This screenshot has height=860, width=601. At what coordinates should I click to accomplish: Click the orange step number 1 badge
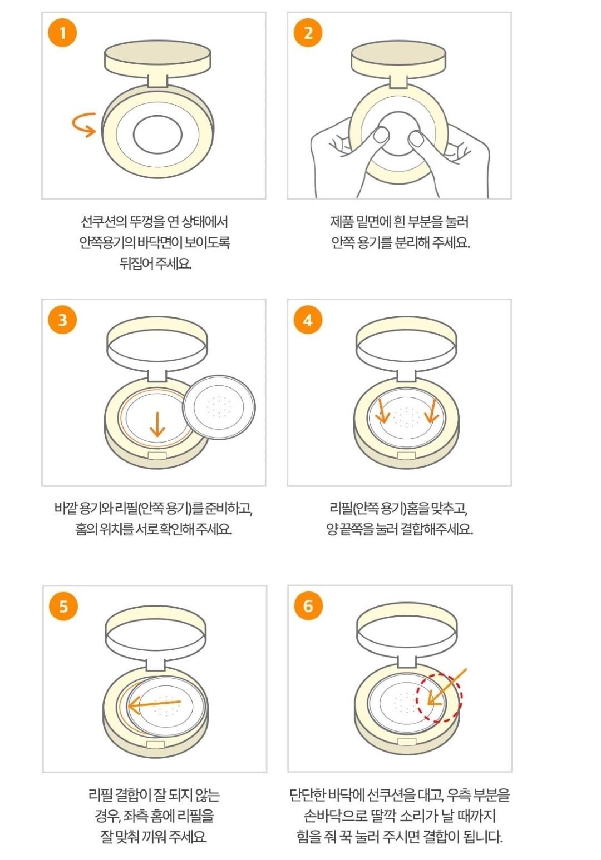[62, 33]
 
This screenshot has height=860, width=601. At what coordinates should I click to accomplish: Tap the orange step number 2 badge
[308, 33]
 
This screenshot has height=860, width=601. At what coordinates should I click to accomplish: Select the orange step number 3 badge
[62, 320]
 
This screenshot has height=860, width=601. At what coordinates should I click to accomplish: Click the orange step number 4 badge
[308, 320]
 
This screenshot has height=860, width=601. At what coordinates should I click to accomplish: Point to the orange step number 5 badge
[63, 607]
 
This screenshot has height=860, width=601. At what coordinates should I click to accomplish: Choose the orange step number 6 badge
[309, 606]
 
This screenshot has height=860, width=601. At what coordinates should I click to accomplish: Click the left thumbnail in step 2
[382, 135]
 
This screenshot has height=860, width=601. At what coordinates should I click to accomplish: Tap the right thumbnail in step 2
[416, 138]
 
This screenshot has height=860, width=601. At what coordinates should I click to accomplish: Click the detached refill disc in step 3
[219, 407]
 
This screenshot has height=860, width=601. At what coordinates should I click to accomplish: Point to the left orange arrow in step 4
[383, 411]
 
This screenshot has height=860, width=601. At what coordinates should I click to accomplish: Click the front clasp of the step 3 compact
[157, 456]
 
